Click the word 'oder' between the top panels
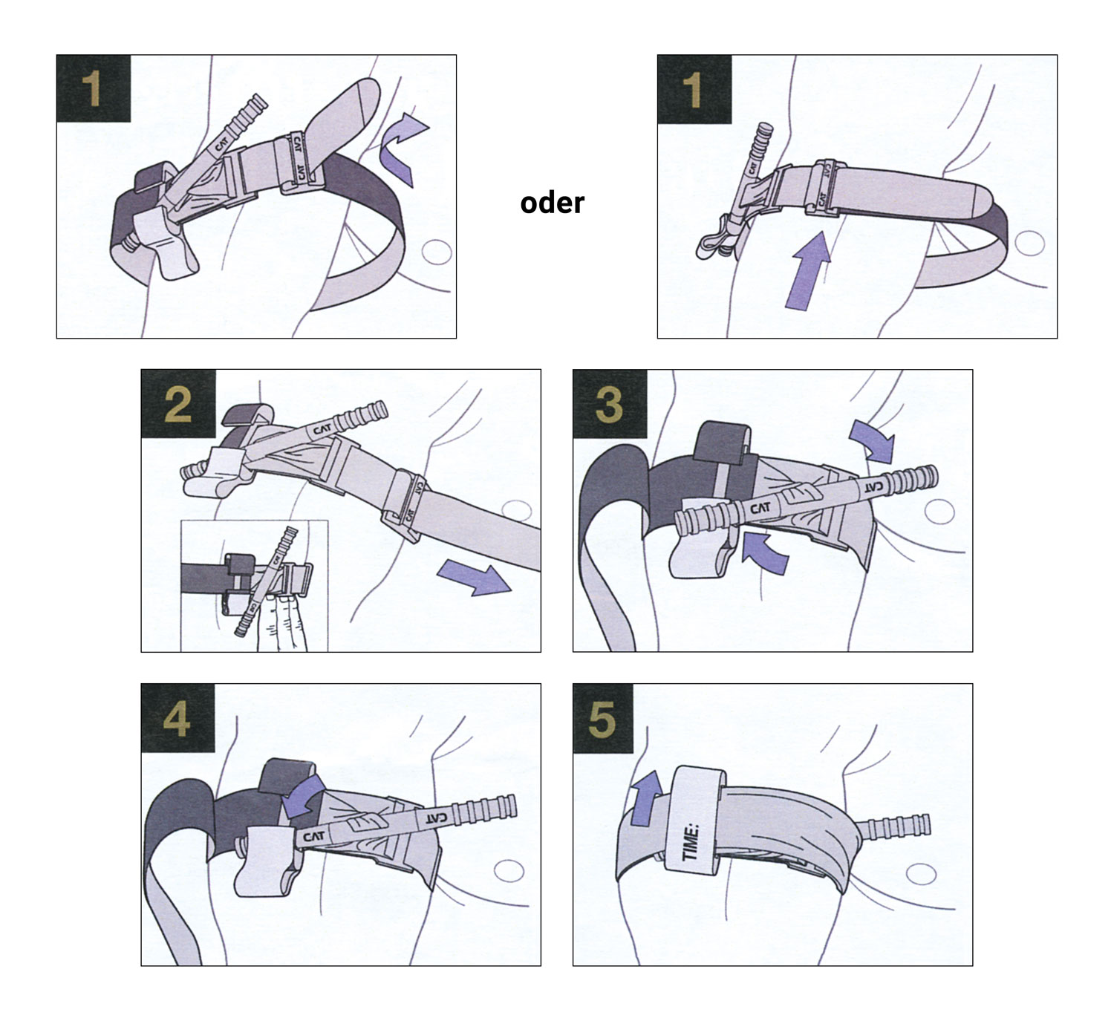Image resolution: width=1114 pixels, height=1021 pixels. (552, 203)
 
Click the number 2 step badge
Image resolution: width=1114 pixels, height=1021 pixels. (178, 405)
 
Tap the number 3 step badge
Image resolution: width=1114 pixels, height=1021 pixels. (609, 405)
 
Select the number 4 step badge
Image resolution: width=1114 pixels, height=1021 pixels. (177, 719)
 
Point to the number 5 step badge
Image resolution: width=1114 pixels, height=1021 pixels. (602, 719)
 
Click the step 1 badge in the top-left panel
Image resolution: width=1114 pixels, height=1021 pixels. (93, 88)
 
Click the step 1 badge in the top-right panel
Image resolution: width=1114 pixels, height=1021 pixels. (694, 88)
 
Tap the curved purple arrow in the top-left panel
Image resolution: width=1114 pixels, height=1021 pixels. (401, 149)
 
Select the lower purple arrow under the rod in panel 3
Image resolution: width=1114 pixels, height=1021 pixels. (765, 549)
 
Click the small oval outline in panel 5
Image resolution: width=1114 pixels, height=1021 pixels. (920, 875)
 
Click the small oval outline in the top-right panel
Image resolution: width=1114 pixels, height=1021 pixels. (1029, 243)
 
